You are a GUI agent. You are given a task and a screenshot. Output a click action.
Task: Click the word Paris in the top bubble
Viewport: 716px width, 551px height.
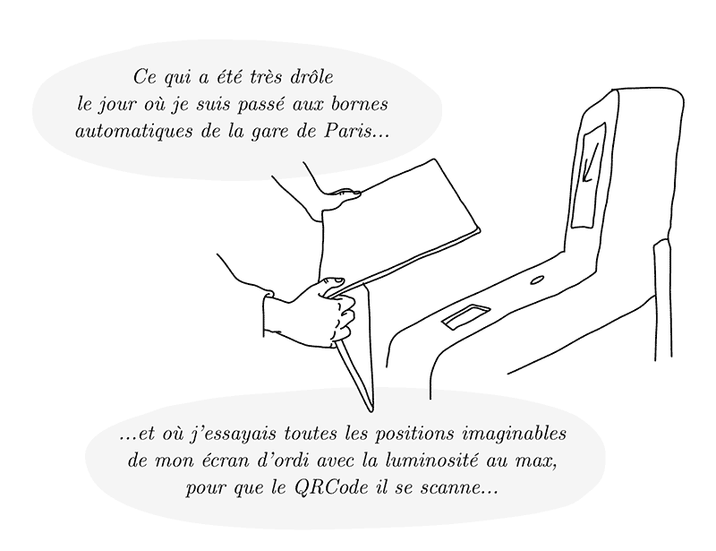tap(347, 131)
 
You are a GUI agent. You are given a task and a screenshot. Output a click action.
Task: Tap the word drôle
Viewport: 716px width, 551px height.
tap(311, 77)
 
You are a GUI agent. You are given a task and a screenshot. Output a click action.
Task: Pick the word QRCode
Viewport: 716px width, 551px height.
tap(331, 488)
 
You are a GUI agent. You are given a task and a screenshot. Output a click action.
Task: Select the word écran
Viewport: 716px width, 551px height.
tap(227, 461)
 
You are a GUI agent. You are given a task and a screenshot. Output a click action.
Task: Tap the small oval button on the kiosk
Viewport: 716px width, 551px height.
tap(536, 280)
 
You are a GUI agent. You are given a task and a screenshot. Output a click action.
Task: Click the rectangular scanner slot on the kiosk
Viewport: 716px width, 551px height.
tap(465, 316)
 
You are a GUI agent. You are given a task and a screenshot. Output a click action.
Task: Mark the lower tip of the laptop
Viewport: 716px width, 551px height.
tap(371, 409)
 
